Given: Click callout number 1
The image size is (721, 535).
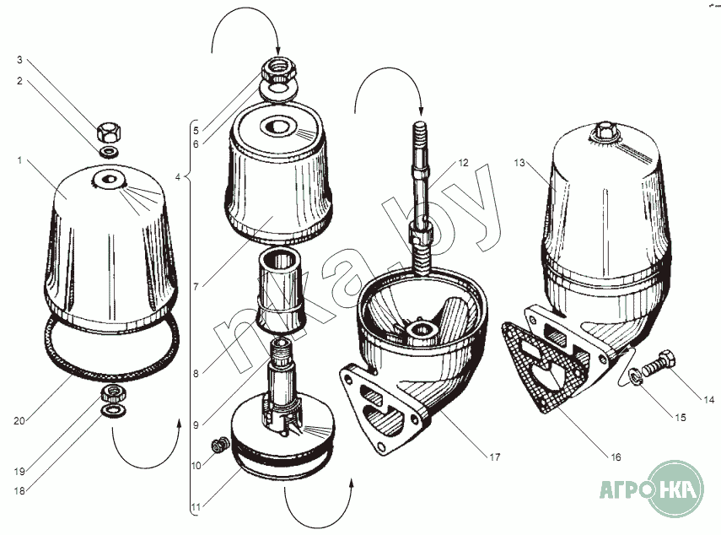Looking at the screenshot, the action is click(19, 160).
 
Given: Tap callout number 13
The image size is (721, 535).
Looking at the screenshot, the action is click(519, 163).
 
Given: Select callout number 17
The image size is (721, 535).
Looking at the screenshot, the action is click(494, 457).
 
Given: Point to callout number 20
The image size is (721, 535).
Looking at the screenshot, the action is click(19, 420).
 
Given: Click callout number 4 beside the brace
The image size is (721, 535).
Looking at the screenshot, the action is click(178, 176).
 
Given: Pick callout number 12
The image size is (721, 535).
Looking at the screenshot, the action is click(463, 163).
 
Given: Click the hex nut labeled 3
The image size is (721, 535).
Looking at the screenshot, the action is click(109, 132).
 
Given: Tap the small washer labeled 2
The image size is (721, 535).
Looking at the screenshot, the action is click(108, 152).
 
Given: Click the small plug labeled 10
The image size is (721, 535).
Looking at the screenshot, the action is click(220, 445).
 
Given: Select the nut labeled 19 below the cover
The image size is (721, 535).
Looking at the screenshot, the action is click(113, 394).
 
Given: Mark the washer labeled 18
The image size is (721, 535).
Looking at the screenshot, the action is click(113, 410).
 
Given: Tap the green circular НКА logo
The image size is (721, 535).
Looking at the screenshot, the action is click(675, 489).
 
